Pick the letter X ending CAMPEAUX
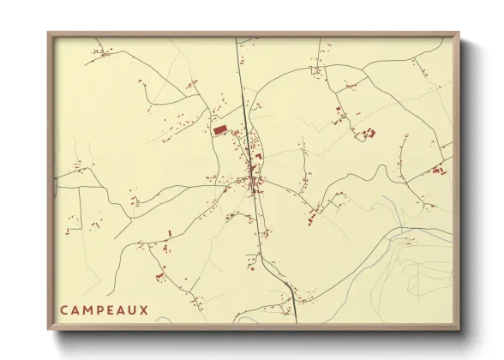pyautogui.click(x=146, y=309)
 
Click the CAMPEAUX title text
pyautogui.click(x=104, y=309)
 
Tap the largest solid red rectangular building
pyautogui.click(x=220, y=129)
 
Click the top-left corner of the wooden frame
pyautogui.click(x=49, y=34)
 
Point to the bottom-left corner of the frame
pyautogui.click(x=49, y=330)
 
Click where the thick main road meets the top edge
pyautogui.click(x=238, y=39)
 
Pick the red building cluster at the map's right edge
pyautogui.click(x=438, y=170)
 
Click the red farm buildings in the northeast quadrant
pyautogui.click(x=369, y=132)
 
